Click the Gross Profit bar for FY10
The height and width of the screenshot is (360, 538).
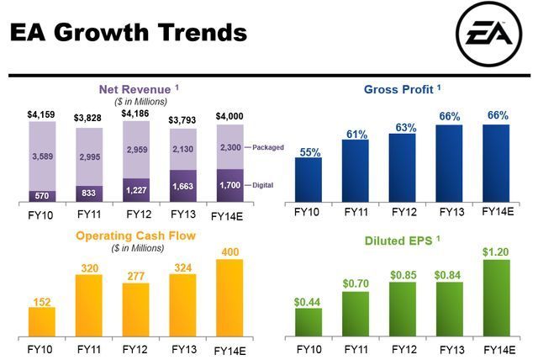point(309,180)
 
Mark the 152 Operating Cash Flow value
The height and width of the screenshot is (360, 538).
point(41,300)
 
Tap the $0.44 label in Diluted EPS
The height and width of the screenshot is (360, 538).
point(308,301)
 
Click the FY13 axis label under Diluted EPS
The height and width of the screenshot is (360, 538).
point(450,349)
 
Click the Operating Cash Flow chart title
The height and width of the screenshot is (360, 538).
point(136,236)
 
